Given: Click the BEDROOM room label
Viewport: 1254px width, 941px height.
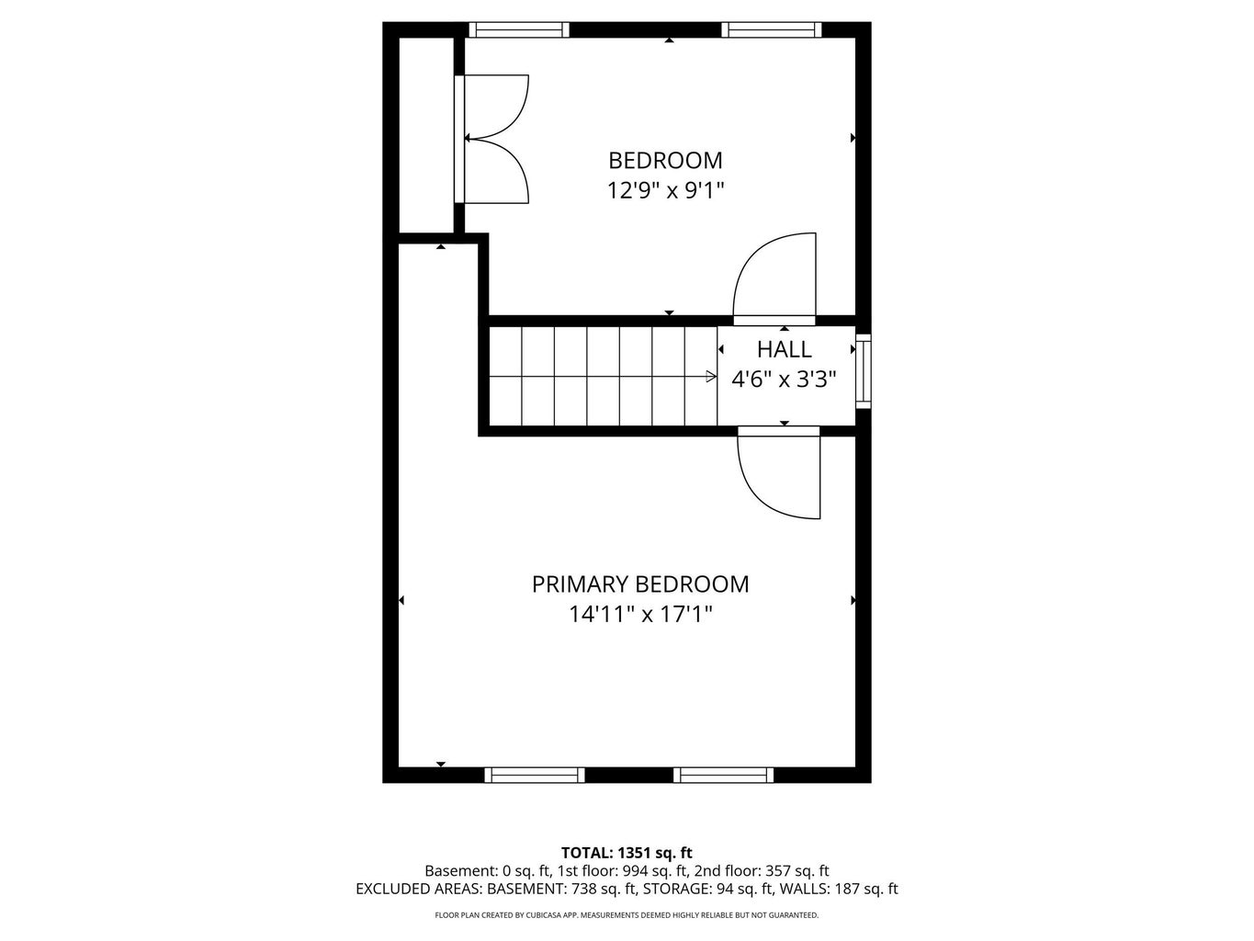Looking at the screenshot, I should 665,161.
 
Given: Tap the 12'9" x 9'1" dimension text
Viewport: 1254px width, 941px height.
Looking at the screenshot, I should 665,191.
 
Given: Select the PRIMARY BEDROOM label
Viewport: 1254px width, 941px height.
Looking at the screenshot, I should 640,584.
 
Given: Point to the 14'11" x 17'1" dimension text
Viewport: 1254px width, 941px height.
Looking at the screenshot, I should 640,614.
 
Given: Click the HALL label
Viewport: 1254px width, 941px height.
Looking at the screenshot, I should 785,350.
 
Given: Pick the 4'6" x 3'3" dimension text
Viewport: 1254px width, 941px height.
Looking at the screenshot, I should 784,380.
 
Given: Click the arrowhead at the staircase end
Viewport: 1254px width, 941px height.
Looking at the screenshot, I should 711,376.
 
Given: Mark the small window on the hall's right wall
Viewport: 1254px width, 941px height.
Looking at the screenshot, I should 863,373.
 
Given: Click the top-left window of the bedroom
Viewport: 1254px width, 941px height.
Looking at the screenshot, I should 519,30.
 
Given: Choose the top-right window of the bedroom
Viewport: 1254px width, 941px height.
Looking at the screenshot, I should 772,30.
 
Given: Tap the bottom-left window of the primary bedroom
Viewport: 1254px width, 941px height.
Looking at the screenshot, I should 535,775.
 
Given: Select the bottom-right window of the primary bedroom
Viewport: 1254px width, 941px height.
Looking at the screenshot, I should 724,775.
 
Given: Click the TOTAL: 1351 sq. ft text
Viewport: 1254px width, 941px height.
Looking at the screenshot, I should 627,853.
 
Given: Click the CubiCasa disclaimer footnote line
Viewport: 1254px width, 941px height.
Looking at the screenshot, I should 627,915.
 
